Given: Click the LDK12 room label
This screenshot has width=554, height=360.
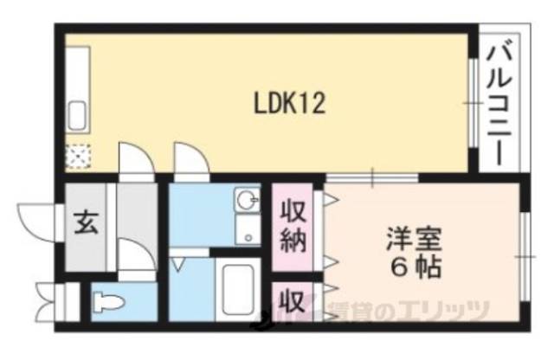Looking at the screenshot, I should [x=289, y=104].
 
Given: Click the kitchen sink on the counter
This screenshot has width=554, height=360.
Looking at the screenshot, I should [x=76, y=115].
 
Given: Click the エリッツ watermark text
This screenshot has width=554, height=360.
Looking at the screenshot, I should [x=450, y=310].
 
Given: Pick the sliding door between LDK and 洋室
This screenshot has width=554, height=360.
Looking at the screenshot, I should [x=372, y=180].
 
